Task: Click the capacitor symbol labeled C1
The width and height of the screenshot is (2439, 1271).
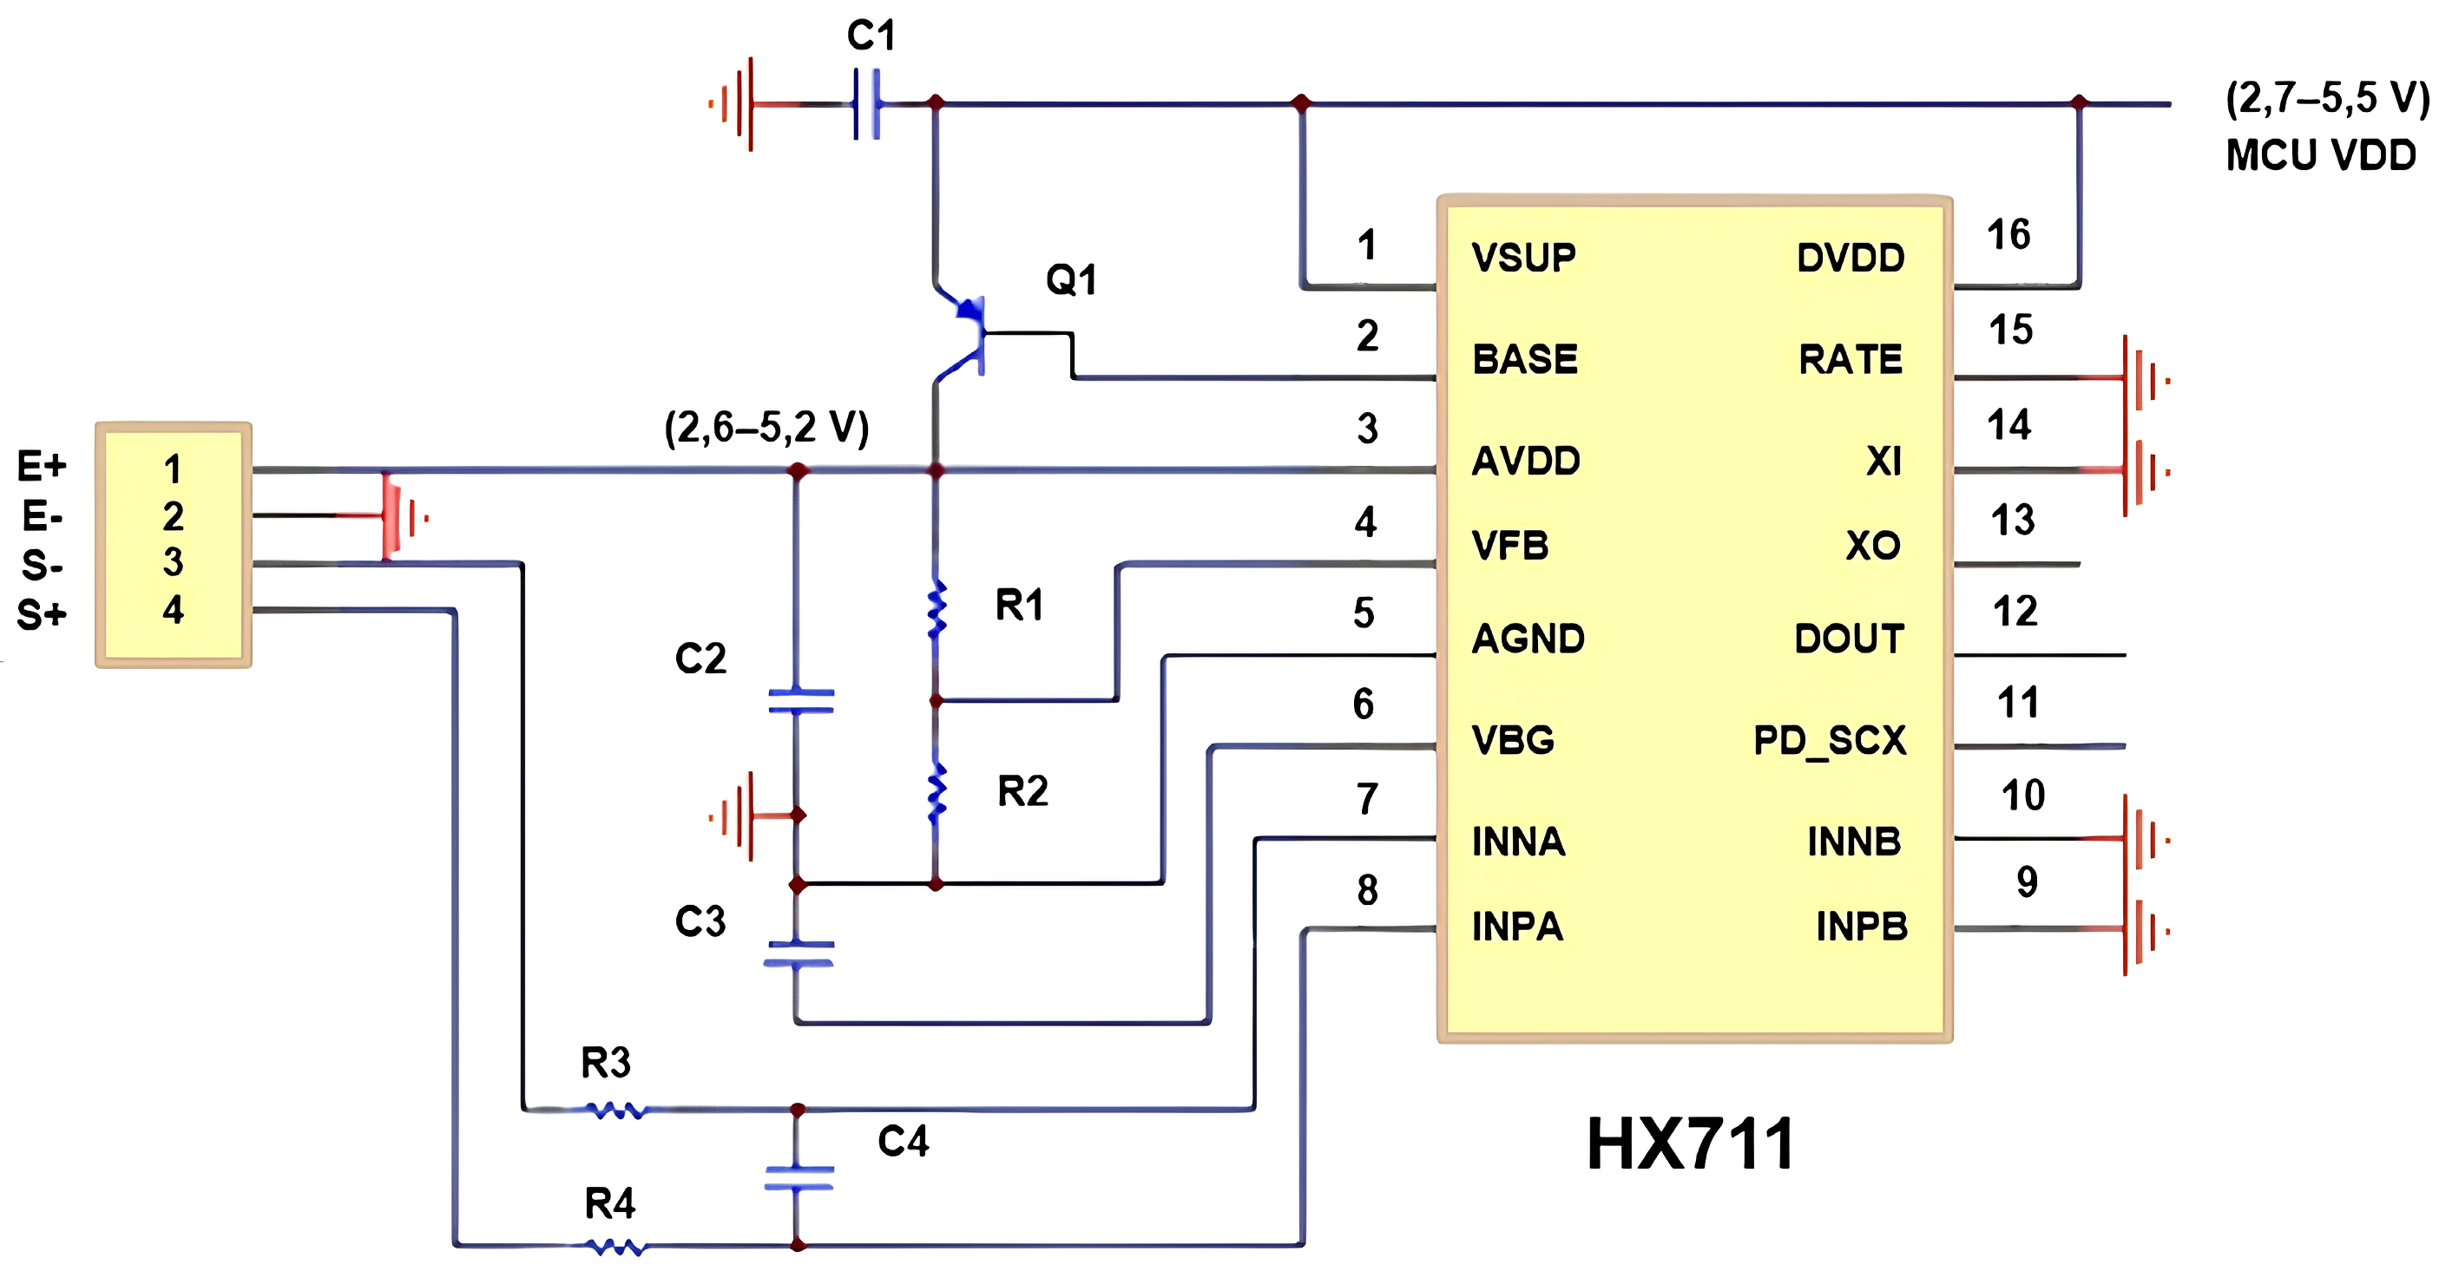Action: click(867, 103)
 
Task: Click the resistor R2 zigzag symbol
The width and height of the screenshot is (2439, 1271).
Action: click(937, 793)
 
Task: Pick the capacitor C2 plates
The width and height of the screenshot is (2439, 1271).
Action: click(800, 700)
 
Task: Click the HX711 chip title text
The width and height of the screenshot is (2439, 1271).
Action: click(1689, 1144)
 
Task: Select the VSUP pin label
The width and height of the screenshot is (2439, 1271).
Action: click(1523, 258)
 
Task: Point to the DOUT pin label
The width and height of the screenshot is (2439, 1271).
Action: click(1848, 639)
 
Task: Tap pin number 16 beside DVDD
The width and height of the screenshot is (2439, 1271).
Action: click(2008, 235)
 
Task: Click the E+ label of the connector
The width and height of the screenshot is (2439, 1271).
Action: click(42, 466)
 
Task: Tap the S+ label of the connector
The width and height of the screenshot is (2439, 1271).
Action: click(42, 615)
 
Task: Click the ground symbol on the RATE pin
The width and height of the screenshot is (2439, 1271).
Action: click(2141, 378)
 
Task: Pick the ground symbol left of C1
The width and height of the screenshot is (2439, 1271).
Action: click(734, 103)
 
